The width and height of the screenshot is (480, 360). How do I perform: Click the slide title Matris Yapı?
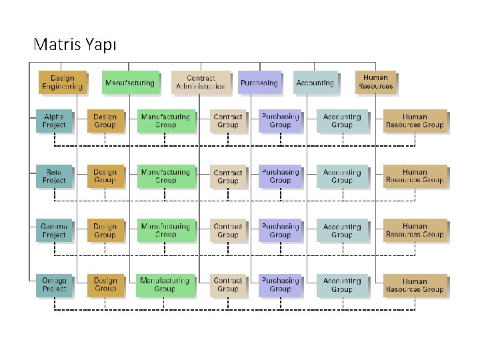click(75, 45)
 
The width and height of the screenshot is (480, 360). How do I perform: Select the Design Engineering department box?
click(62, 82)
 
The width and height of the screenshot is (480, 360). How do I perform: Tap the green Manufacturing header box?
click(130, 83)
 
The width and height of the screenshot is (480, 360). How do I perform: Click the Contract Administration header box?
click(200, 82)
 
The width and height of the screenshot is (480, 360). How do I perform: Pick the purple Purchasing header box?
click(259, 83)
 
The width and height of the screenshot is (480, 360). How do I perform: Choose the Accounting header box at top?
click(315, 83)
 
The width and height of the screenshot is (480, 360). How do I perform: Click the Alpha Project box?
click(54, 121)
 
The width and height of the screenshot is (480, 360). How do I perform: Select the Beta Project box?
click(54, 176)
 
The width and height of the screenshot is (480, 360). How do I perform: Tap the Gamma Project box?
click(54, 231)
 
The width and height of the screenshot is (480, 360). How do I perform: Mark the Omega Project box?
click(54, 285)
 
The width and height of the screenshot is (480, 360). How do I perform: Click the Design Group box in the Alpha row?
click(105, 121)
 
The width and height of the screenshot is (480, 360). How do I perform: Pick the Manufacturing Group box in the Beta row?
click(165, 176)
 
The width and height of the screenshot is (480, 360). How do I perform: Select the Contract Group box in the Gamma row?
click(227, 231)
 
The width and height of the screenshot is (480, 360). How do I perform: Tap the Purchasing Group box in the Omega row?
click(280, 285)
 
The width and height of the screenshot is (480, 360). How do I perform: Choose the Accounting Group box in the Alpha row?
click(341, 121)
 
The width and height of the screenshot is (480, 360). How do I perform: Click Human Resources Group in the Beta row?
click(414, 176)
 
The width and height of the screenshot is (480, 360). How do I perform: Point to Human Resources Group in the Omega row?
click(414, 285)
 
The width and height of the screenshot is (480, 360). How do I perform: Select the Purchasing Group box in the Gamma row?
click(280, 231)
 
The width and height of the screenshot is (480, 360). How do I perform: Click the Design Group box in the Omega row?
click(105, 285)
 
